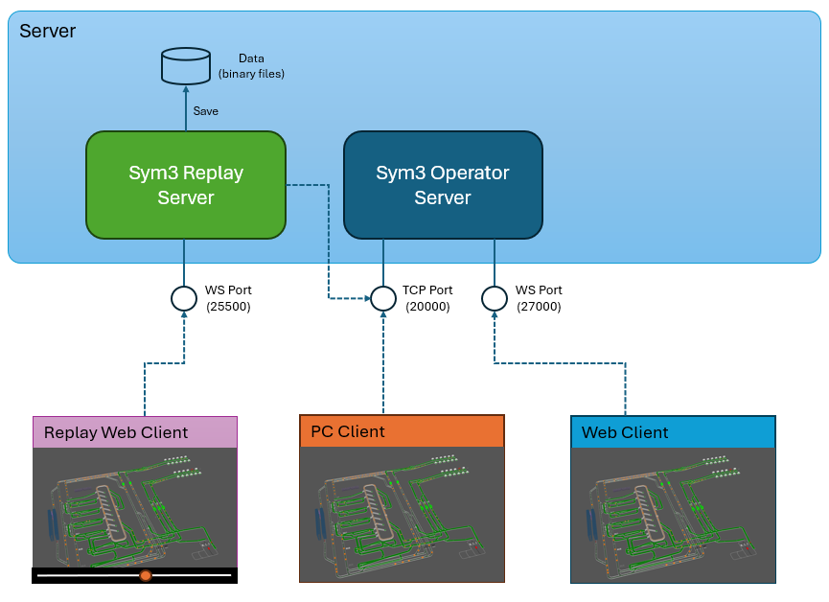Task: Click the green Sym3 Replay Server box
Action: (x=186, y=185)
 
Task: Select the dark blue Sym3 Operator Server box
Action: (x=443, y=185)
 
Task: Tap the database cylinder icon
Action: (x=185, y=65)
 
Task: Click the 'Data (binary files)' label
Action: (x=251, y=66)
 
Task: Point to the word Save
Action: (x=206, y=111)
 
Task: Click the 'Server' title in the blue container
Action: (x=48, y=31)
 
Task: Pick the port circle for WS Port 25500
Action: (x=184, y=298)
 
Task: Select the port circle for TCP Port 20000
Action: (x=383, y=298)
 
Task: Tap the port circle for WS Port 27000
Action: (x=495, y=298)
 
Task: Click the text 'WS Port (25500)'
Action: (x=228, y=298)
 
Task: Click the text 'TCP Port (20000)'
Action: (x=427, y=298)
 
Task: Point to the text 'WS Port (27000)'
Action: (x=539, y=298)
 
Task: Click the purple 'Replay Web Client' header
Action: (x=134, y=431)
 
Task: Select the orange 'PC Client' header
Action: (x=402, y=431)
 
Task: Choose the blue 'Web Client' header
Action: (x=673, y=432)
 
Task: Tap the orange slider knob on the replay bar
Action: (x=146, y=575)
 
